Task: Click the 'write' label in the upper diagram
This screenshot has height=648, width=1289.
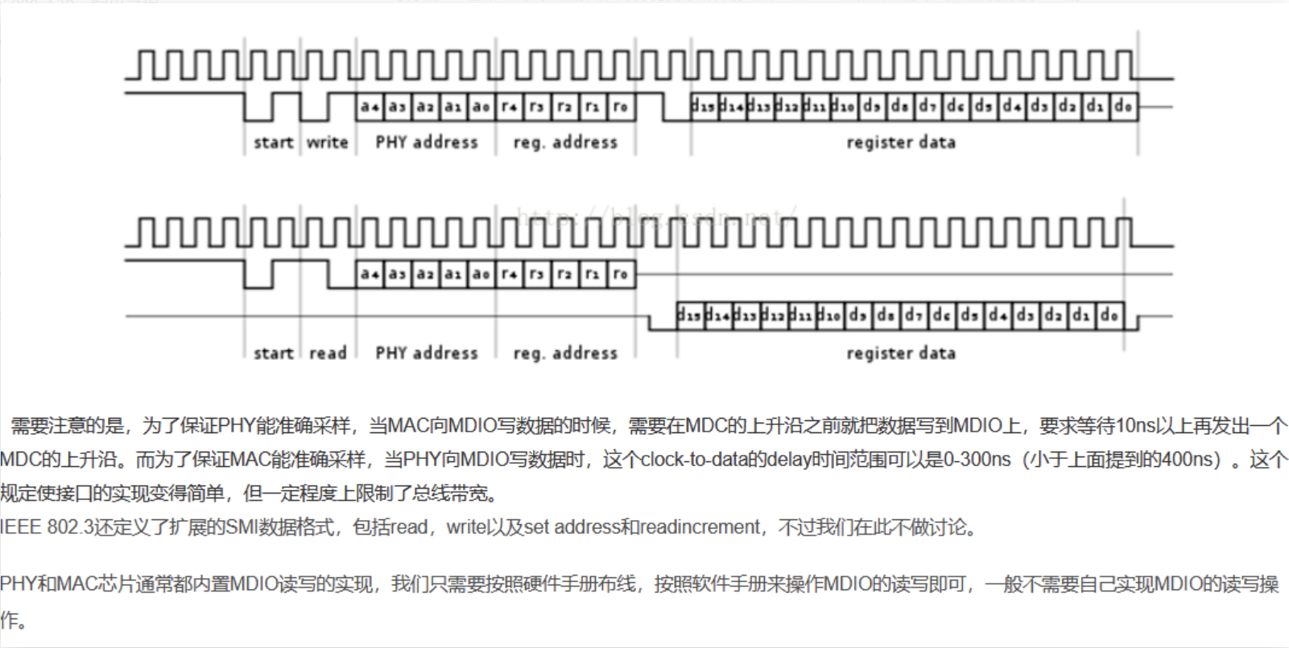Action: click(x=327, y=142)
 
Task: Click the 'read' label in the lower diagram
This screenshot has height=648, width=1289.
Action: click(x=327, y=353)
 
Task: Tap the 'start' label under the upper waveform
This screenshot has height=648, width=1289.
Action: click(x=273, y=142)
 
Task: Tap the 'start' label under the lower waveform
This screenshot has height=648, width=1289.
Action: click(x=273, y=353)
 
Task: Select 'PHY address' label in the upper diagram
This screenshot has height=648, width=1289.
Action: click(x=426, y=142)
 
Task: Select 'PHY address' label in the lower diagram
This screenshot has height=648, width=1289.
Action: click(x=426, y=353)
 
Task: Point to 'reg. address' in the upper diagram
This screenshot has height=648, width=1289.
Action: click(x=565, y=142)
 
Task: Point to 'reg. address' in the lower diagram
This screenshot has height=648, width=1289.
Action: click(x=565, y=353)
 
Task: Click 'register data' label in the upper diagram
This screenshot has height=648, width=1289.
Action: click(x=901, y=142)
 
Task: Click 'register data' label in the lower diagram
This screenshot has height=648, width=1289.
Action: click(x=901, y=353)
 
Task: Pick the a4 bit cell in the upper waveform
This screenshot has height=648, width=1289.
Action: click(x=370, y=106)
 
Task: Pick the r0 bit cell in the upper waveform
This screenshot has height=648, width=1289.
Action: click(x=620, y=106)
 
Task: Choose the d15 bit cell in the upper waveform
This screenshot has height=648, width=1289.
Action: click(x=704, y=106)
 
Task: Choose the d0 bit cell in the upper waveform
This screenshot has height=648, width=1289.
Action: click(x=1123, y=106)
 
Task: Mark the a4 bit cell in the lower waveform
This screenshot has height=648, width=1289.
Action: click(x=370, y=274)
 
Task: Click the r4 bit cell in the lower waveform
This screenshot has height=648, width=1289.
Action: click(x=509, y=274)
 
